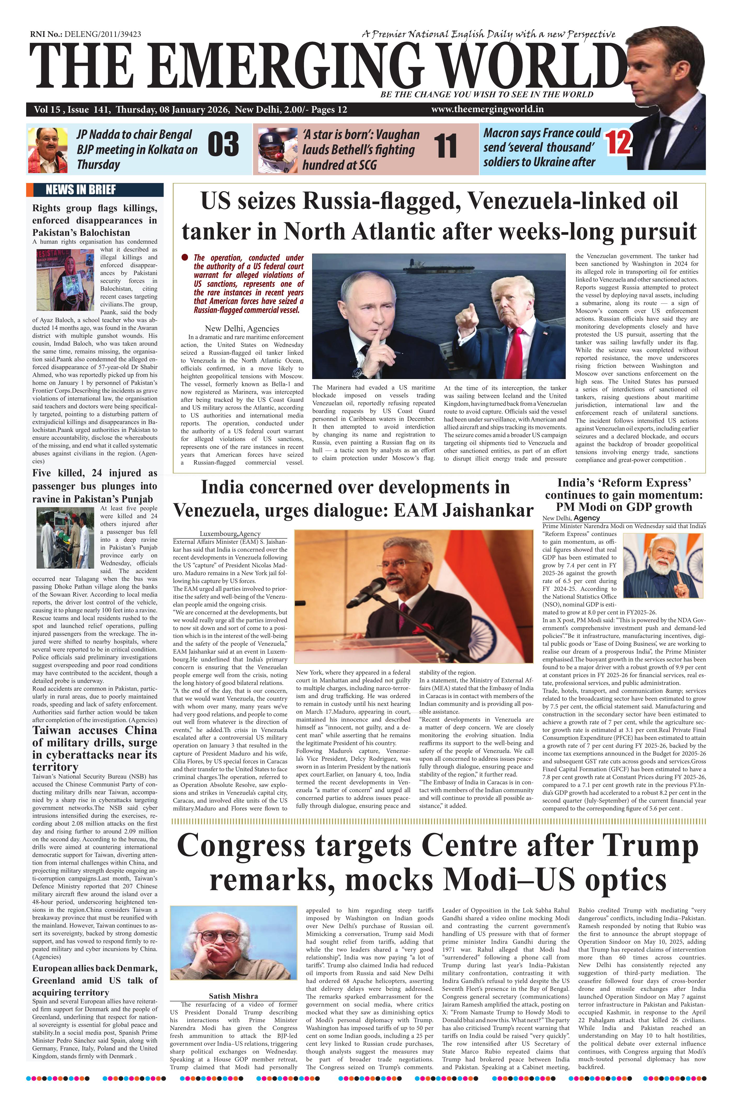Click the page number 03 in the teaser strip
223,145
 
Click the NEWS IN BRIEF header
80,190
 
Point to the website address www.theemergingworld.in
487,109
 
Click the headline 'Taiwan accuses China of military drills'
95,748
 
